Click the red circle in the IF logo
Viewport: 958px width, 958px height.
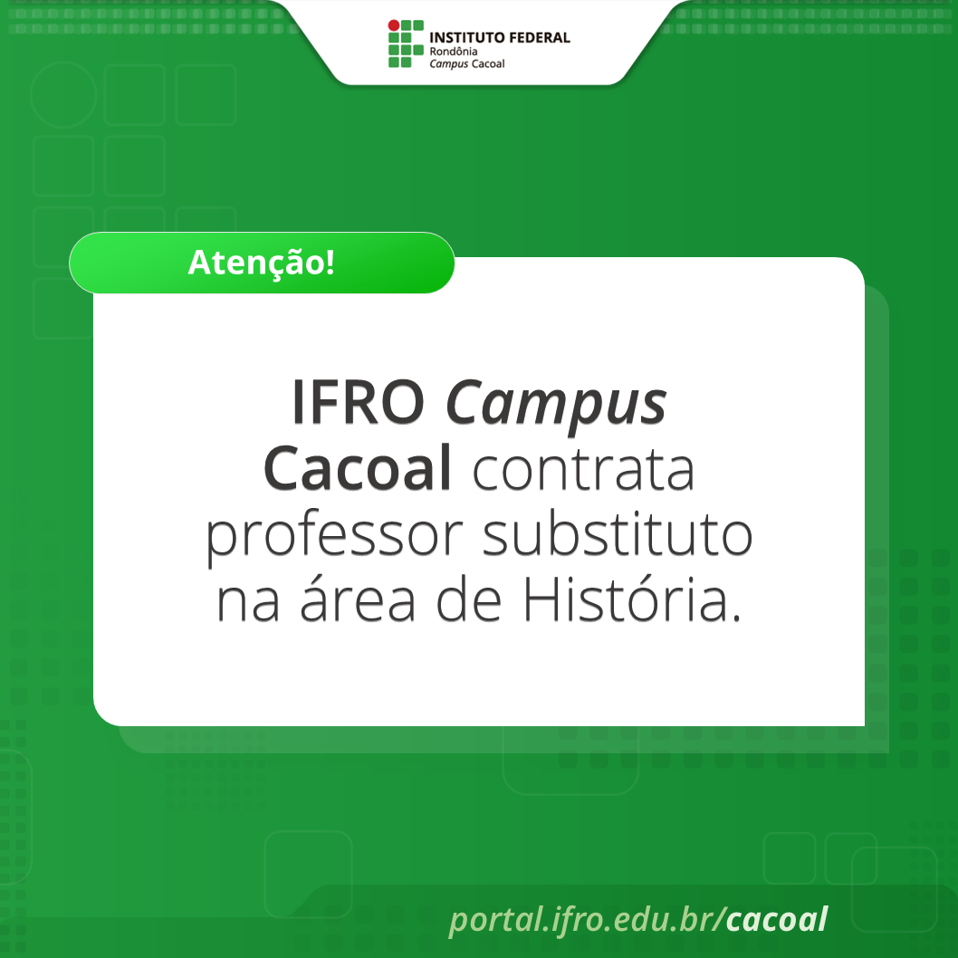point(393,24)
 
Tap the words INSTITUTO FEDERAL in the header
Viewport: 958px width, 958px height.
point(499,38)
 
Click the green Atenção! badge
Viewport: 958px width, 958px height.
point(262,263)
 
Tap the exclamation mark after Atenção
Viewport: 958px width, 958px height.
point(330,263)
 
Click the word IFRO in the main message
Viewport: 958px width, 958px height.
point(358,402)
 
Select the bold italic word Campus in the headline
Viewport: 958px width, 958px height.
point(556,404)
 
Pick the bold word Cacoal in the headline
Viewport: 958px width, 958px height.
point(358,469)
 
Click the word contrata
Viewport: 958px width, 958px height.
point(583,469)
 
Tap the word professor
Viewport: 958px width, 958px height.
point(335,538)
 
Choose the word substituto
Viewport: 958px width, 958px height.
point(618,536)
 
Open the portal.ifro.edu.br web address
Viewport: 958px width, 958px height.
point(583,919)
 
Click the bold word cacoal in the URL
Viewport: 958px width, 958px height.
point(777,919)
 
